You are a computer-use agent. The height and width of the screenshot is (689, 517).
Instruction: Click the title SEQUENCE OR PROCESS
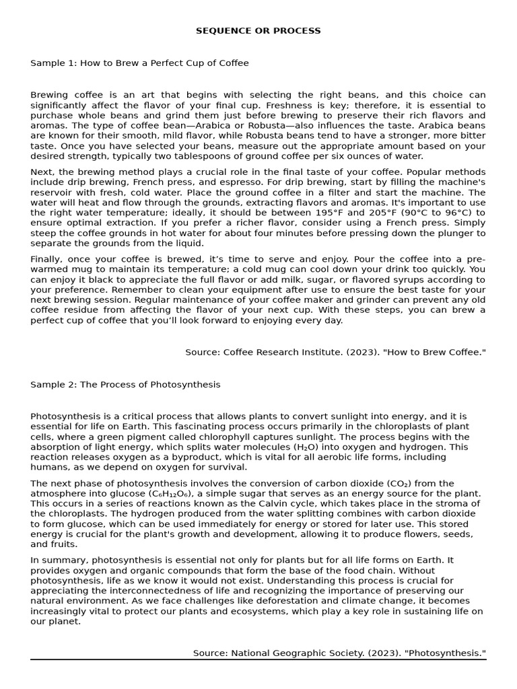pyautogui.click(x=258, y=31)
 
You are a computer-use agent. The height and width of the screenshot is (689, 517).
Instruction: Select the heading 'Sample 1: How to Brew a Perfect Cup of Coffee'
pyautogui.click(x=139, y=63)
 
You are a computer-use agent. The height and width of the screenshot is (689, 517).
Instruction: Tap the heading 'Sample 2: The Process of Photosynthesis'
pyautogui.click(x=125, y=385)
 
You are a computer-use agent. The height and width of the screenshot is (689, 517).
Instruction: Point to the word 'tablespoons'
pyautogui.click(x=178, y=156)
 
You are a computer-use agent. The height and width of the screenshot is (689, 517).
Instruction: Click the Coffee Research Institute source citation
pyautogui.click(x=335, y=353)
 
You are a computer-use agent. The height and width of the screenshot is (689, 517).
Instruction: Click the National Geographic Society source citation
pyautogui.click(x=339, y=653)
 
